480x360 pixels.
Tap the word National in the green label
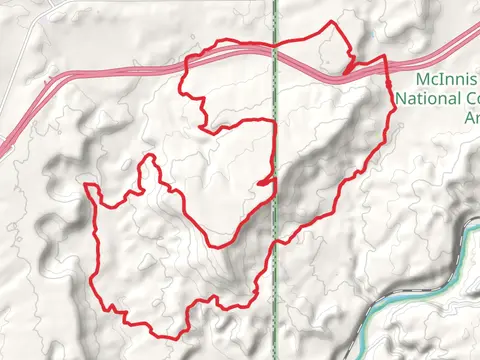click(427, 99)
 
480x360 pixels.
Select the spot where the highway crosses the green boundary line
click(275, 56)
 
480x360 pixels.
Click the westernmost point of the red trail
click(85, 186)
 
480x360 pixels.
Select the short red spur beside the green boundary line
click(264, 182)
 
